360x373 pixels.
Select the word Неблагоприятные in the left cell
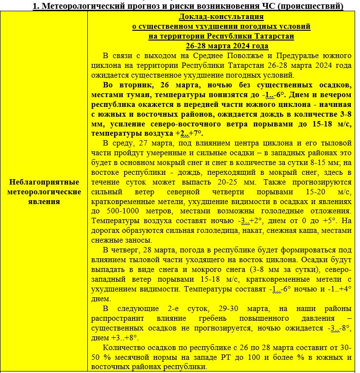point(44,182)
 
